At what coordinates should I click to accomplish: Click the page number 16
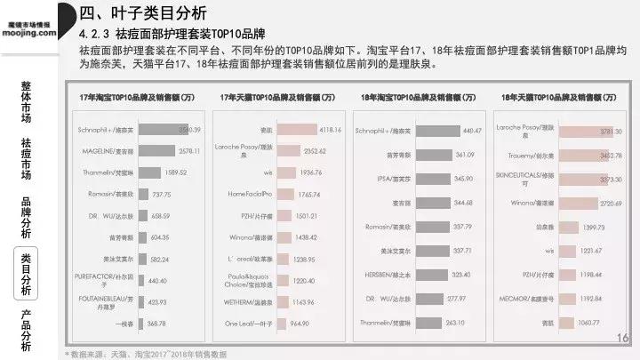pyautogui.click(x=622, y=338)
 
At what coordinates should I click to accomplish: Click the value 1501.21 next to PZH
pyautogui.click(x=306, y=216)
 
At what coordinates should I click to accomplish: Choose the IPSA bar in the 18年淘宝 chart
pyautogui.click(x=410, y=179)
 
